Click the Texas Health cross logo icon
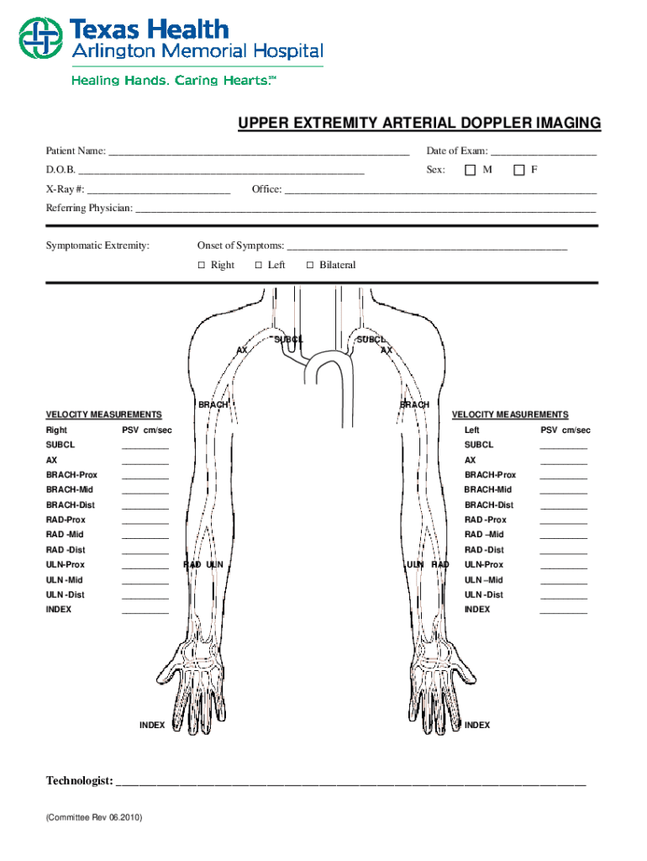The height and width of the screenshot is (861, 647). (x=39, y=39)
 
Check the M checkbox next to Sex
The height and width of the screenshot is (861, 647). (x=471, y=171)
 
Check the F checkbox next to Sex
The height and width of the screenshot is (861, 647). (x=519, y=171)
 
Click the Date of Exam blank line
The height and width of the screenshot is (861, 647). (x=544, y=153)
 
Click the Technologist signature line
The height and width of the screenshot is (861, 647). (x=350, y=784)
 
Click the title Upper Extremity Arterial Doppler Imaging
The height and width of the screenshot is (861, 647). (x=419, y=124)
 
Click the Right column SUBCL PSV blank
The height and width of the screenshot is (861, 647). (x=145, y=446)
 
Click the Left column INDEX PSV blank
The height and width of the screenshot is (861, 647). (x=563, y=611)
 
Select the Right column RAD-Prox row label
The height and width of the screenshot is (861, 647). (x=66, y=520)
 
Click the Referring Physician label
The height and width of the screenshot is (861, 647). (x=89, y=208)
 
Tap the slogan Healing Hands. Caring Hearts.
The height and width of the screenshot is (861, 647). (x=173, y=81)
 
